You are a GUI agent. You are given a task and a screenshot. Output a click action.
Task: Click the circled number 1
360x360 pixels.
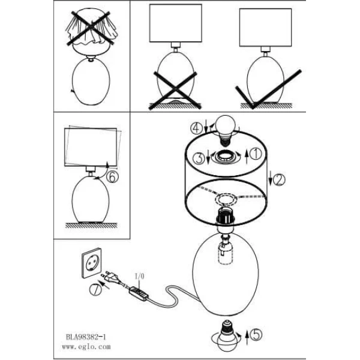(256, 154)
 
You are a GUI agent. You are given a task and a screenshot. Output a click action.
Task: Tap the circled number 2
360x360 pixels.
(279, 180)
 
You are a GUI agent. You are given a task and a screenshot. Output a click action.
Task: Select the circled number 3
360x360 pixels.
(199, 158)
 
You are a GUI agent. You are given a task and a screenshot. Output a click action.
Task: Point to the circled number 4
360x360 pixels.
(197, 128)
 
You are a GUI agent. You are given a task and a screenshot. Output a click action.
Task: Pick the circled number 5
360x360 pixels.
(256, 335)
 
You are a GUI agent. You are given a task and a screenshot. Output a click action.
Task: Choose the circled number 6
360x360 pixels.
(113, 177)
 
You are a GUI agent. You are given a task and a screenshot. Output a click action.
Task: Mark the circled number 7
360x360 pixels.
(95, 289)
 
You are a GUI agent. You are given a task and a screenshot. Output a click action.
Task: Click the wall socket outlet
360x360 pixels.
(91, 263)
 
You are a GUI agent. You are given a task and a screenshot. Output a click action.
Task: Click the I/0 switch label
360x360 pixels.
(139, 276)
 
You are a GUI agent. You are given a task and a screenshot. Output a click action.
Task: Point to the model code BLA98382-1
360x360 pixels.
(86, 337)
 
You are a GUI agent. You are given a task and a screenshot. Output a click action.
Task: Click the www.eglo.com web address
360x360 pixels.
(86, 346)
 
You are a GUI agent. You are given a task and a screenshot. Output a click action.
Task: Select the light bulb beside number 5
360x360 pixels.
(226, 335)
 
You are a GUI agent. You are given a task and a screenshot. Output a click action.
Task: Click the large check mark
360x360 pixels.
(268, 89)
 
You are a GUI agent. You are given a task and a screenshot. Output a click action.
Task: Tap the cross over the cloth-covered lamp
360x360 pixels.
(91, 28)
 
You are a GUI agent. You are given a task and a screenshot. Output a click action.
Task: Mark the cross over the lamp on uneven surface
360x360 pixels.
(175, 91)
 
